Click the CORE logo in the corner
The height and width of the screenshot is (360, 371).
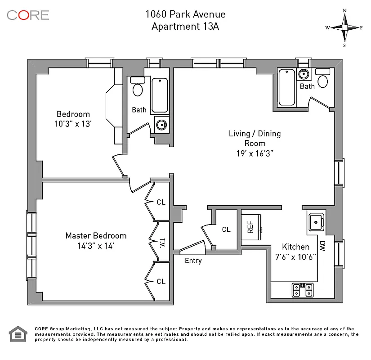tap(28, 15)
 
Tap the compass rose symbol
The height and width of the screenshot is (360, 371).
tap(344, 27)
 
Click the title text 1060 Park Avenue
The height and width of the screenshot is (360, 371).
tap(185, 14)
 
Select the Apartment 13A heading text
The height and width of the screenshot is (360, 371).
tap(185, 26)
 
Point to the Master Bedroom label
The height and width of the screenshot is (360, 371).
tap(96, 235)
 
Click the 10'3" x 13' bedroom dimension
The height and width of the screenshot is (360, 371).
tap(73, 123)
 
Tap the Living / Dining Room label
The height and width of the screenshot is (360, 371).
tap(255, 138)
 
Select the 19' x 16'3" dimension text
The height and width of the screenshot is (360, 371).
tap(255, 153)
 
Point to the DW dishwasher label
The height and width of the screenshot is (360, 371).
tap(322, 246)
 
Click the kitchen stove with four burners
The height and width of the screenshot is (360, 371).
tap(303, 290)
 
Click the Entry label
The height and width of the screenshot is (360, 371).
tap(193, 261)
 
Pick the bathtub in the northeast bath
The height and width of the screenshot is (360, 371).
tap(286, 87)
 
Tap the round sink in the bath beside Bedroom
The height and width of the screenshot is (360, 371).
tap(160, 124)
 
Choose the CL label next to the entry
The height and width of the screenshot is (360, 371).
tap(226, 229)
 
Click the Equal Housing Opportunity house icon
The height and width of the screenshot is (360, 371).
tap(18, 334)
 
